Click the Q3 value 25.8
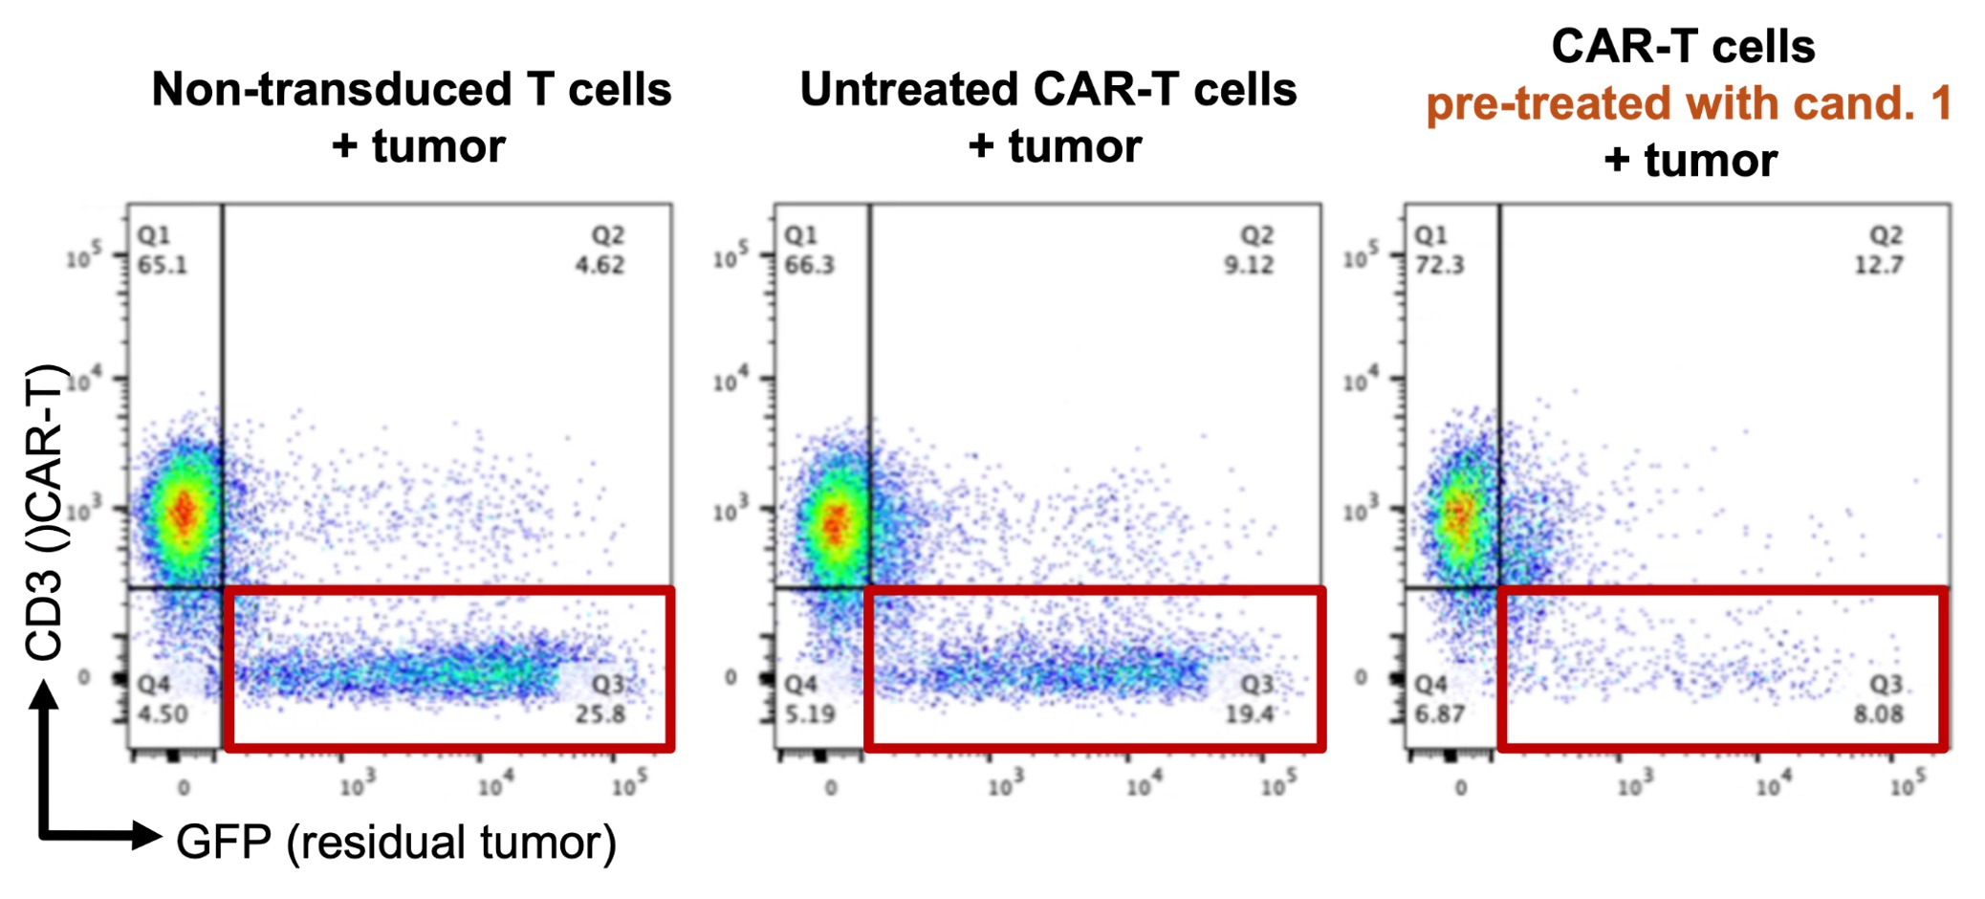tap(600, 714)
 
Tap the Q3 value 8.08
tap(1878, 714)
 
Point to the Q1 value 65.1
tap(162, 265)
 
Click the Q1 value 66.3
tap(809, 265)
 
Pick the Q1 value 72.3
tap(1439, 265)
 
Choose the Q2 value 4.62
tap(600, 265)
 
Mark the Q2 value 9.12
tap(1249, 265)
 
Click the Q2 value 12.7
tap(1879, 265)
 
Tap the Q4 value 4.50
tap(163, 714)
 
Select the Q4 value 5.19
tap(810, 714)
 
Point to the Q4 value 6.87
tap(1440, 714)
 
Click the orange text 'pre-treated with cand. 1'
tap(1688, 104)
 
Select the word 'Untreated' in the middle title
tap(908, 90)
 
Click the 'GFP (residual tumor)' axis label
tap(396, 843)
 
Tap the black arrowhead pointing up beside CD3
tap(44, 695)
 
